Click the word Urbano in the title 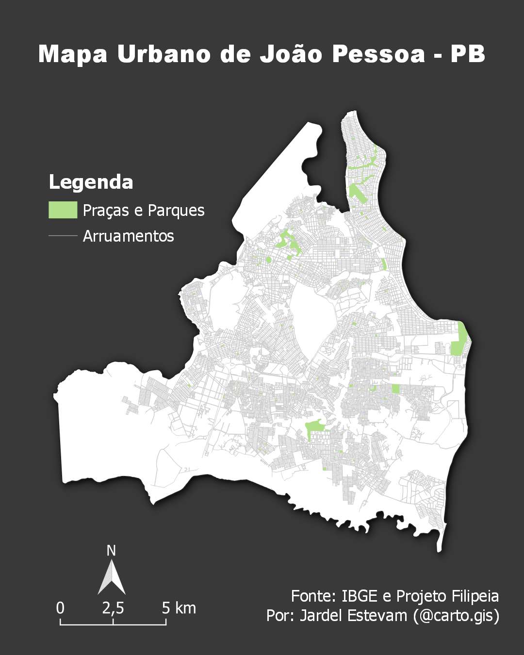[164, 54]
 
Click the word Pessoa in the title [379, 54]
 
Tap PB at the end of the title [468, 54]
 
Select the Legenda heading [91, 182]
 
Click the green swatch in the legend [63, 210]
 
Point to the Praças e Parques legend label [144, 211]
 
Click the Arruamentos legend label [129, 236]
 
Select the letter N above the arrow [111, 551]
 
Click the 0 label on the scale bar [60, 608]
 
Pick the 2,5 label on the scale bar [113, 608]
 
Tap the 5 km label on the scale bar [179, 608]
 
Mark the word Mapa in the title [73, 54]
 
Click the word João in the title [291, 54]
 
